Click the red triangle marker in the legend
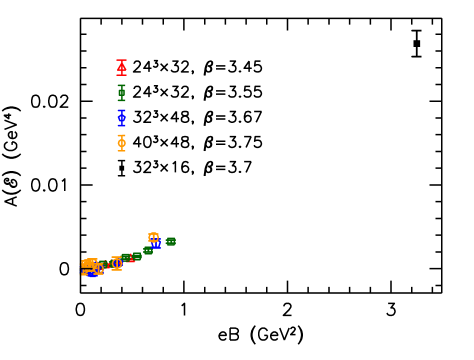click(x=121, y=68)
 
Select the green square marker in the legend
click(x=121, y=93)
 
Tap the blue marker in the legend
click(x=121, y=118)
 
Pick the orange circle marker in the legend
click(x=121, y=143)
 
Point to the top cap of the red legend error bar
click(x=121, y=60)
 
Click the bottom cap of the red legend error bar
click(x=121, y=75)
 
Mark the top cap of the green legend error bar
click(x=121, y=85)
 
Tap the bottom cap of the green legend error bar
click(x=121, y=100)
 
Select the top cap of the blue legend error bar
click(x=121, y=110)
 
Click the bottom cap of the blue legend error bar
click(x=121, y=125)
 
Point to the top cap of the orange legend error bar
click(x=121, y=135)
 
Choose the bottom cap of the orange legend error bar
click(x=121, y=150)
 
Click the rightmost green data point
click(x=171, y=241)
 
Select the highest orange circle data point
click(x=153, y=237)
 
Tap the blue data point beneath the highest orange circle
click(x=156, y=244)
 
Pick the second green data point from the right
click(x=148, y=250)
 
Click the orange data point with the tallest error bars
click(x=117, y=263)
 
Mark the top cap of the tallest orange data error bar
click(x=117, y=256)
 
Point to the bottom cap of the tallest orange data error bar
click(x=117, y=271)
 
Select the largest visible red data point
click(x=130, y=259)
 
